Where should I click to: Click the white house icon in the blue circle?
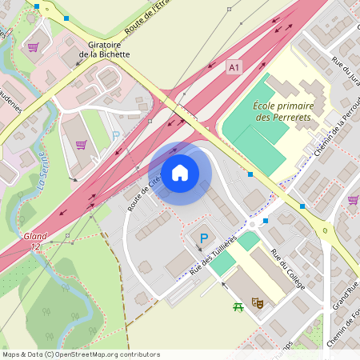[180, 172]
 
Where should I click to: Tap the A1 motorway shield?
[234, 68]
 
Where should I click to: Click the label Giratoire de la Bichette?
[99, 50]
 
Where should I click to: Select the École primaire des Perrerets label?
[286, 111]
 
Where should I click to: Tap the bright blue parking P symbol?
[204, 238]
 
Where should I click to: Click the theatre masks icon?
[258, 302]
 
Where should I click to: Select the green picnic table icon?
[238, 307]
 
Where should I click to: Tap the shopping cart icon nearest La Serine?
[81, 145]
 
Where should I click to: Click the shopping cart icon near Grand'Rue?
[353, 199]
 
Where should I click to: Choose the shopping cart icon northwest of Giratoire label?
[33, 46]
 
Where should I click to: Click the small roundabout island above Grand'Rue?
[326, 231]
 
